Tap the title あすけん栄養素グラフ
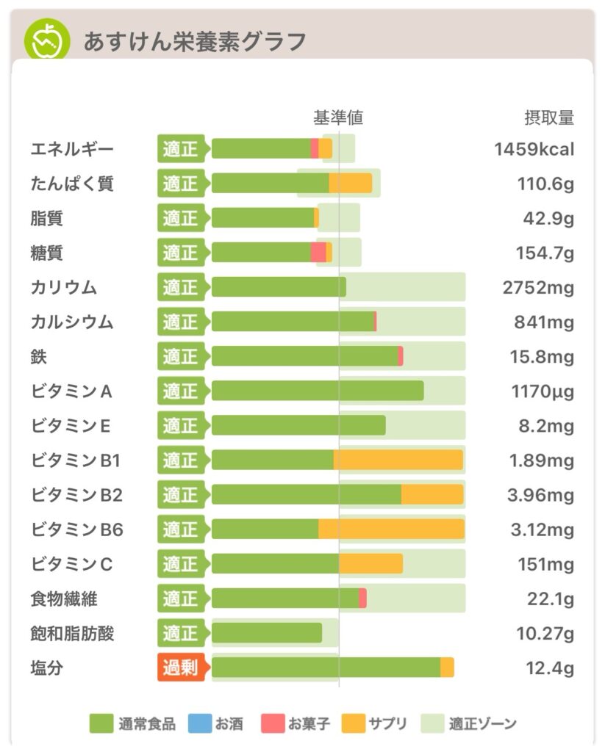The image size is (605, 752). click(x=194, y=41)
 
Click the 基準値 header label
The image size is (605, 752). click(x=338, y=117)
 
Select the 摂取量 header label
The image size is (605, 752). click(x=548, y=117)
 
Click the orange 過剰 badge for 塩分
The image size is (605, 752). click(x=182, y=668)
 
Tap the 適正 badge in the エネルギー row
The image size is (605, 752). click(x=181, y=149)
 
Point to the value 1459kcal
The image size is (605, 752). click(x=534, y=150)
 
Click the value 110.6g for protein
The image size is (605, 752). click(x=545, y=184)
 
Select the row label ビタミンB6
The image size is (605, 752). click(x=77, y=529)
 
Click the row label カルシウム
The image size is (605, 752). click(x=72, y=322)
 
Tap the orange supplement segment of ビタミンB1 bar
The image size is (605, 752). click(x=398, y=460)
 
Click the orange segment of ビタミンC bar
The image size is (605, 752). click(x=370, y=563)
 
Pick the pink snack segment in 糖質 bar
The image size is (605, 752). click(x=318, y=253)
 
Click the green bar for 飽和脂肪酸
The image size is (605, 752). click(x=267, y=633)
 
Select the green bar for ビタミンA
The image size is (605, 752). click(x=318, y=391)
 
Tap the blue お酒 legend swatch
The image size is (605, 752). click(x=200, y=724)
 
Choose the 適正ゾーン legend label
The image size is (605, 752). click(x=482, y=724)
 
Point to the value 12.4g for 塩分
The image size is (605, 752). click(x=551, y=668)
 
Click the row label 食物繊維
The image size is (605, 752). click(x=64, y=599)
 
